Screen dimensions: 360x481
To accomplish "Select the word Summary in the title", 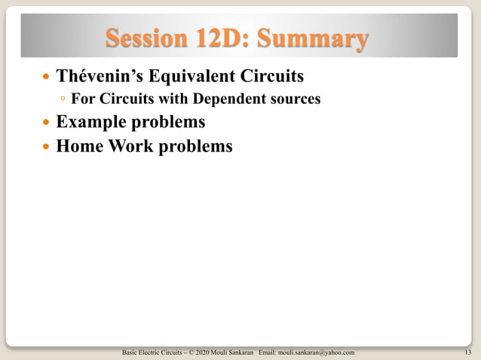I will click(316, 38).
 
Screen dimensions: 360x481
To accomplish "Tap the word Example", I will click(94, 121).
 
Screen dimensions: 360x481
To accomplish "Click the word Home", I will click(81, 145).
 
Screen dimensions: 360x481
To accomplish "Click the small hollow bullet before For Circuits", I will click(63, 99).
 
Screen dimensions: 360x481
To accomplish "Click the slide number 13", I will click(468, 352).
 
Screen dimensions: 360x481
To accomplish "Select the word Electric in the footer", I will click(151, 352).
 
